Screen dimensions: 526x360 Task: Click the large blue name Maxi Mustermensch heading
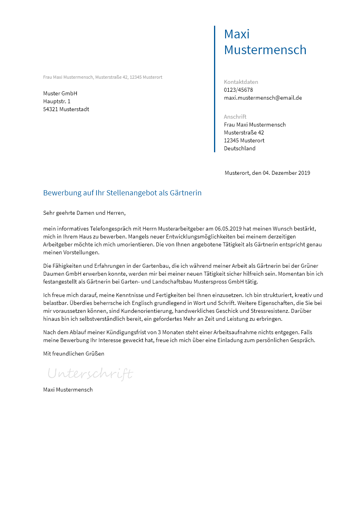point(265,42)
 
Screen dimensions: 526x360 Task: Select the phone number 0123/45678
point(238,90)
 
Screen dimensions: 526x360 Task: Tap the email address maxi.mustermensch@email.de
point(263,98)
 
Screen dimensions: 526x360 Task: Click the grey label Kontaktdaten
point(241,82)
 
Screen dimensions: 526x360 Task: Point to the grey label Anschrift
point(235,117)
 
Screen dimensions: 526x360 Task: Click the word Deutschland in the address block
point(239,148)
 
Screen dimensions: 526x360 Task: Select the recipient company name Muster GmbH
point(60,93)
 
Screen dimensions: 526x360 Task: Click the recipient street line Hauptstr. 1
point(57,101)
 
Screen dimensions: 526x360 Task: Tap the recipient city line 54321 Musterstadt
point(66,109)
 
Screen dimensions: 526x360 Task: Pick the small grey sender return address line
point(102,77)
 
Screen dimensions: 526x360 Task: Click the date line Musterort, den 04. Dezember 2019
point(267,173)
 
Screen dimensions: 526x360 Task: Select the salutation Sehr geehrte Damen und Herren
point(84,213)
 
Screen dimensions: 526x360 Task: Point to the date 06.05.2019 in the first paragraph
point(228,229)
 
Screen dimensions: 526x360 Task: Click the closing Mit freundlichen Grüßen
point(74,354)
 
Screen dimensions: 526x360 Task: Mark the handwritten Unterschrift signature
point(90,373)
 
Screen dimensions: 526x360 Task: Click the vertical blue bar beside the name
point(214,89)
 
